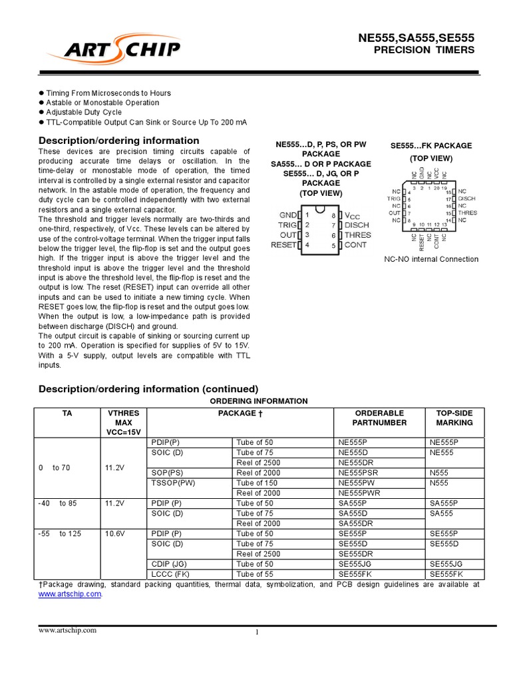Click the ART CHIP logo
[122, 50]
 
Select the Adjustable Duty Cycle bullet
[84, 113]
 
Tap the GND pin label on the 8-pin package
[288, 215]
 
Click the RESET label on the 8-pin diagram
[283, 245]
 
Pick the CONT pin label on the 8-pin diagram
[355, 245]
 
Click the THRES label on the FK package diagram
[467, 212]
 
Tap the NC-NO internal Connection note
[431, 259]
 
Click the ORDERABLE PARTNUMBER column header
[379, 418]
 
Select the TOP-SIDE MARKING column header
[454, 418]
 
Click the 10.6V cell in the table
[115, 533]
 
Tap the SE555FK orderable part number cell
[357, 574]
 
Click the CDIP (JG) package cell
[169, 564]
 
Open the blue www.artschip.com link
[70, 593]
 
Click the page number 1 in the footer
[256, 633]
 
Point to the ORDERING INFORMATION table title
[259, 401]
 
